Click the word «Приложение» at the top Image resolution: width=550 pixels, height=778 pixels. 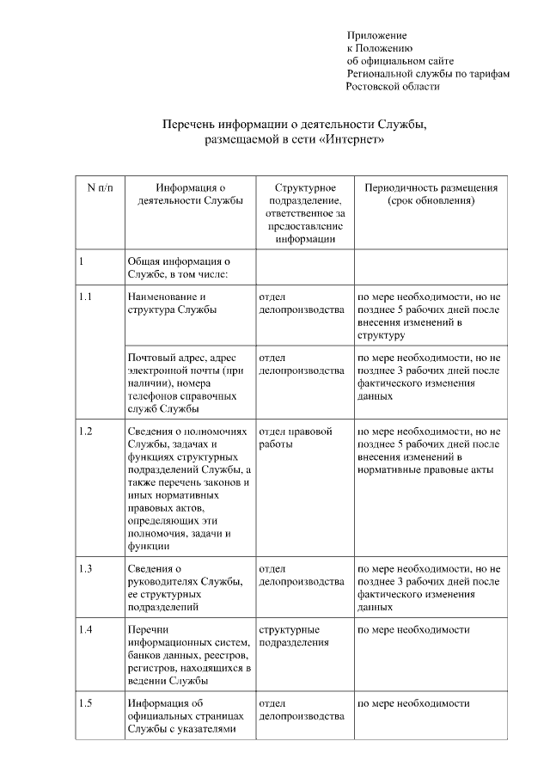[x=376, y=35]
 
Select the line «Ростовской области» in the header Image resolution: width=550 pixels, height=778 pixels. [x=393, y=86]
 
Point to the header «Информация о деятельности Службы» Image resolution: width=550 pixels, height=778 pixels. [x=190, y=194]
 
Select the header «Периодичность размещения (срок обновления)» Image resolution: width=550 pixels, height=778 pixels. [x=431, y=194]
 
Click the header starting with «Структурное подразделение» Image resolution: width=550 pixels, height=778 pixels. [x=305, y=212]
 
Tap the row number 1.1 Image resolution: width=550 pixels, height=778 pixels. [x=85, y=297]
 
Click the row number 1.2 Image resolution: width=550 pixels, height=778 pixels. [x=85, y=431]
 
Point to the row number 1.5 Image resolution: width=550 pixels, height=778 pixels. [x=85, y=704]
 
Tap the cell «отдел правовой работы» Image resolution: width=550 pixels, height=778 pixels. [x=296, y=438]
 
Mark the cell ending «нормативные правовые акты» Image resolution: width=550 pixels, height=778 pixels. [x=429, y=450]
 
